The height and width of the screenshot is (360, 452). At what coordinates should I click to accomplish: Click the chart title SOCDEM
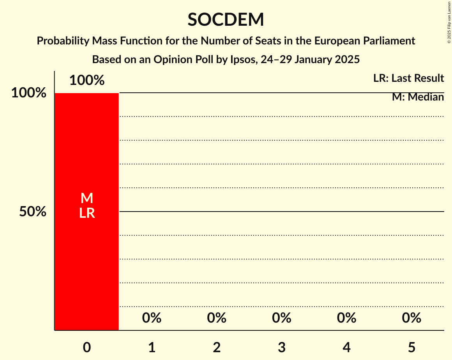coord(226,19)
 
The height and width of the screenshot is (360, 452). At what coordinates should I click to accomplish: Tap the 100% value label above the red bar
coord(87,80)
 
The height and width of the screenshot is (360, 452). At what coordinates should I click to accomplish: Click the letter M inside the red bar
coord(87,198)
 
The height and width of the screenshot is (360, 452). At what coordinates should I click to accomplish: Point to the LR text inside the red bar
coord(87,213)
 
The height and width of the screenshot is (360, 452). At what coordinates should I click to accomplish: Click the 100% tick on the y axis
coord(28,93)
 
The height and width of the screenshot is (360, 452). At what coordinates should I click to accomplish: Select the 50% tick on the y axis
coord(33,212)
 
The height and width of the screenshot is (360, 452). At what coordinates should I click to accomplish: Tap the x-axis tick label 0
coord(87,347)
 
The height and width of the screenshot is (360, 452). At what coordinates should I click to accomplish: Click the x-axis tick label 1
coord(152,347)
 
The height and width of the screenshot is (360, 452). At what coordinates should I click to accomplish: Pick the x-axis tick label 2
coord(217,347)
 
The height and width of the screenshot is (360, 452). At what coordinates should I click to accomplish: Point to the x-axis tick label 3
coord(282,347)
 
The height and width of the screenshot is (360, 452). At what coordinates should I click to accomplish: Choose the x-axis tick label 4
coord(347,347)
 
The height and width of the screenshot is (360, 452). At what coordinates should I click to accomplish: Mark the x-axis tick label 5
coord(411,347)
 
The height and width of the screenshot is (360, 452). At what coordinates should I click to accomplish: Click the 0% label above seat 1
coord(152,318)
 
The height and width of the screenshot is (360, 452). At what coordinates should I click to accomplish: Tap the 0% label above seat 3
coord(282,318)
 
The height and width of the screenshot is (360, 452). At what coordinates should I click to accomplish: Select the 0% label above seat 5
coord(411,318)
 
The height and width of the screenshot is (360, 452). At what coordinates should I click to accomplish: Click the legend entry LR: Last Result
coord(408,78)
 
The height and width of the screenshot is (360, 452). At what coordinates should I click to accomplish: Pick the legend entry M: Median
coord(418,97)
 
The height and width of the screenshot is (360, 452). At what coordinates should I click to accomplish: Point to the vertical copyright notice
coord(448,22)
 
